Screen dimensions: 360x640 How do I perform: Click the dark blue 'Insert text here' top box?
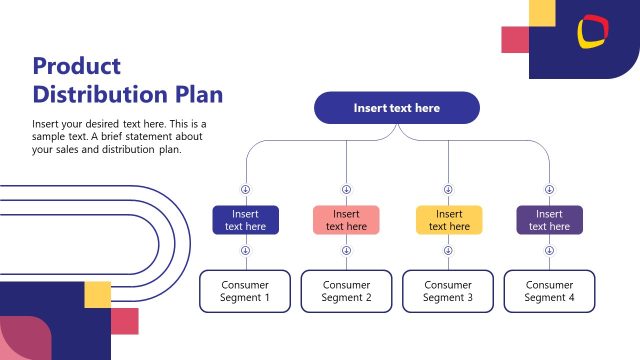click(x=396, y=108)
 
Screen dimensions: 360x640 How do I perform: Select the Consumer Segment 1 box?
click(x=245, y=291)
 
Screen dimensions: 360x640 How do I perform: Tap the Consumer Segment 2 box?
click(x=346, y=291)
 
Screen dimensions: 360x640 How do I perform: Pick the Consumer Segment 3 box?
click(x=448, y=291)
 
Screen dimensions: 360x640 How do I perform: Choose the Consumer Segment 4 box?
click(x=549, y=291)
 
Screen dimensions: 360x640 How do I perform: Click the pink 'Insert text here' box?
click(x=346, y=220)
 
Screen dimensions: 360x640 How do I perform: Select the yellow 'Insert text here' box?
click(x=449, y=220)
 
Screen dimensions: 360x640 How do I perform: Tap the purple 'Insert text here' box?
click(x=549, y=220)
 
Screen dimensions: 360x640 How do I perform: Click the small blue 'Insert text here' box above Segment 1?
click(x=245, y=220)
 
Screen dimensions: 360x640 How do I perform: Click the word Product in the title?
click(x=76, y=67)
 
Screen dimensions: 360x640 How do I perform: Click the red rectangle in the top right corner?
click(x=514, y=39)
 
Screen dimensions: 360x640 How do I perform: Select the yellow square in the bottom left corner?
click(x=97, y=294)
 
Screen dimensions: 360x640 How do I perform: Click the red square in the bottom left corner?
click(x=124, y=321)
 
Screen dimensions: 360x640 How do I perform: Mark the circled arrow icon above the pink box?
click(x=346, y=189)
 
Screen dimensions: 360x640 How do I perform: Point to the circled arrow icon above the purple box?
click(x=549, y=189)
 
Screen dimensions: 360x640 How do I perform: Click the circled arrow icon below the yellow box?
click(x=448, y=251)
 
